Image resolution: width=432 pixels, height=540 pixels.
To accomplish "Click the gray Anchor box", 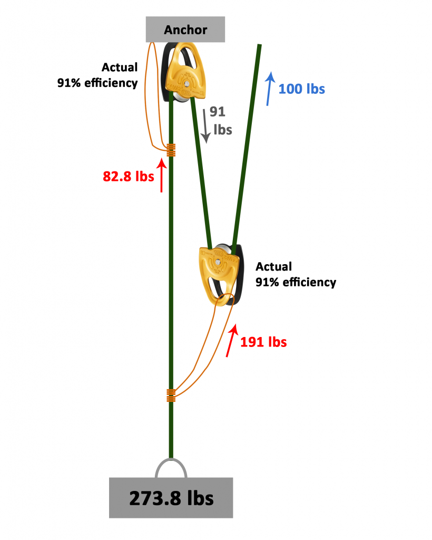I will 185,29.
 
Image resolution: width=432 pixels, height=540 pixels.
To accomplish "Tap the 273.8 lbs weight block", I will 171,497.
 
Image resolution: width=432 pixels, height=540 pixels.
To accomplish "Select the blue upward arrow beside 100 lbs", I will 270,89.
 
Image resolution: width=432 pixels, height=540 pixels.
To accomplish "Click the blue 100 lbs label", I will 301,89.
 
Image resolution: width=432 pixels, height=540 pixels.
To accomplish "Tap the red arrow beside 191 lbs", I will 231,341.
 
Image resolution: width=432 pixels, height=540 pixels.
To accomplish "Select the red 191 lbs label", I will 263,342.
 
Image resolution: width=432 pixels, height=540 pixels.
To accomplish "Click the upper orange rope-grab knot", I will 171,150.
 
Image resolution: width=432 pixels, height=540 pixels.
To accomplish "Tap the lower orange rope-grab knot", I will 171,395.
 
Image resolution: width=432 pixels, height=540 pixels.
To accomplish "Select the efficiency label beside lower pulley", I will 296,274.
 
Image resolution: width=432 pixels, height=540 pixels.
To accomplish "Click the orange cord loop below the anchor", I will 151,95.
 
